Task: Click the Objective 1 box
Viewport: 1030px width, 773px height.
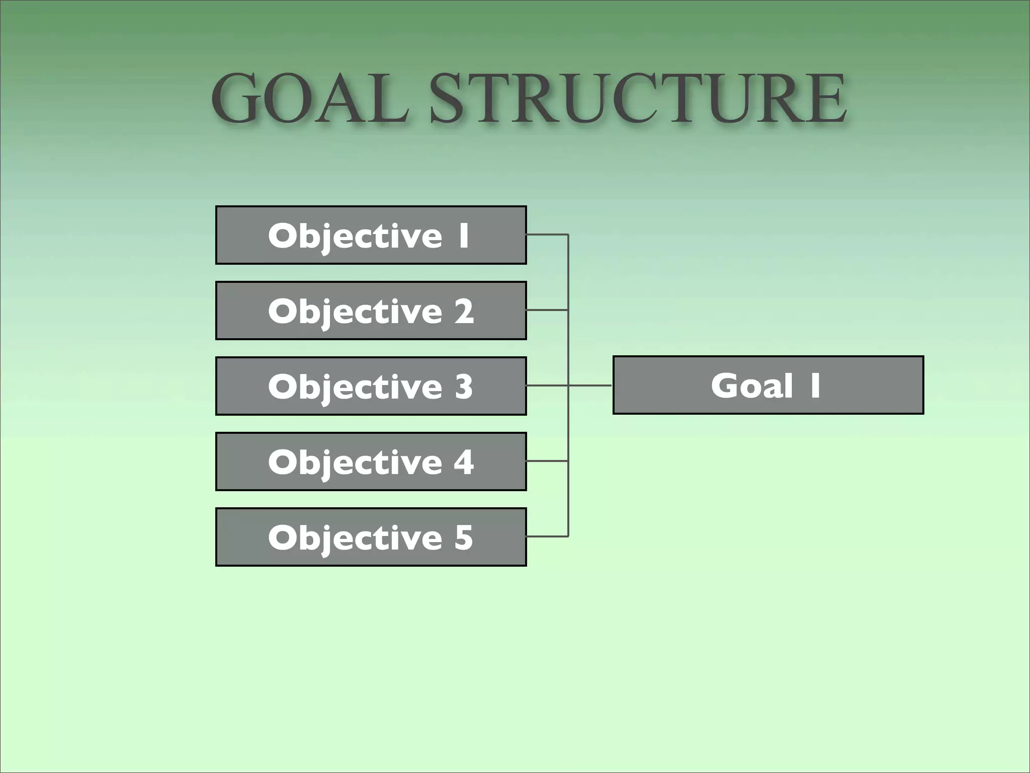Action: click(x=371, y=235)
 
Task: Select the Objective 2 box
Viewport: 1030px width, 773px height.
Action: click(x=371, y=311)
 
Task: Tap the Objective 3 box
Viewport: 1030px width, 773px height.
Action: click(x=371, y=386)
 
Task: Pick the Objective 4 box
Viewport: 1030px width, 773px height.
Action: click(x=371, y=461)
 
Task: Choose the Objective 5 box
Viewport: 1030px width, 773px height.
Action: click(x=371, y=537)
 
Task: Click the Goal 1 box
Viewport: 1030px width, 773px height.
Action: click(x=768, y=385)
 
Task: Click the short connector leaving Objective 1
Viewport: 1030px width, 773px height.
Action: click(x=547, y=235)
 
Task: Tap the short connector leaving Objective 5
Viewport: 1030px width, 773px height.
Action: click(x=547, y=536)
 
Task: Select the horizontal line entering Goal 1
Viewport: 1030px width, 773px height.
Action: click(x=590, y=385)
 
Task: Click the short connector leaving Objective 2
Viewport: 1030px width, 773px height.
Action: click(x=547, y=310)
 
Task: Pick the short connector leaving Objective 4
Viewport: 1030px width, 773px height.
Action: click(x=547, y=461)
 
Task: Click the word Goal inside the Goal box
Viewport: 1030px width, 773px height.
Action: click(x=752, y=385)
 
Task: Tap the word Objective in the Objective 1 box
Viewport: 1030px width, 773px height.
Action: click(x=355, y=236)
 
